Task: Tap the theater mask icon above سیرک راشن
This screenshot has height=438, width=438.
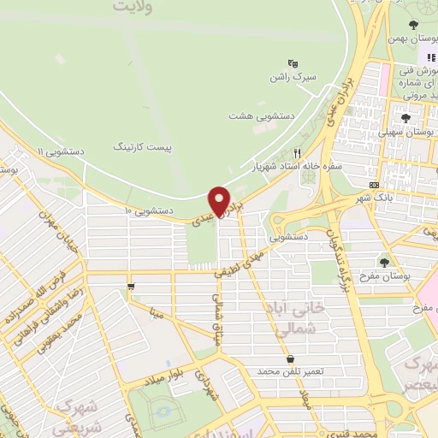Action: click(x=293, y=62)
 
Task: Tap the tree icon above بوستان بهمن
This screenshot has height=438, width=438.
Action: click(x=414, y=24)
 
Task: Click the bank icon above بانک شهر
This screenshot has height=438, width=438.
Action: click(x=375, y=185)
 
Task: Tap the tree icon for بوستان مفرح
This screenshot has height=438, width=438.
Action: click(x=382, y=261)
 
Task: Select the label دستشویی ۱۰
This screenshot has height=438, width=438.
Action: click(x=151, y=209)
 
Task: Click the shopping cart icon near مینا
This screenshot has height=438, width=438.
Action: click(x=129, y=287)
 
